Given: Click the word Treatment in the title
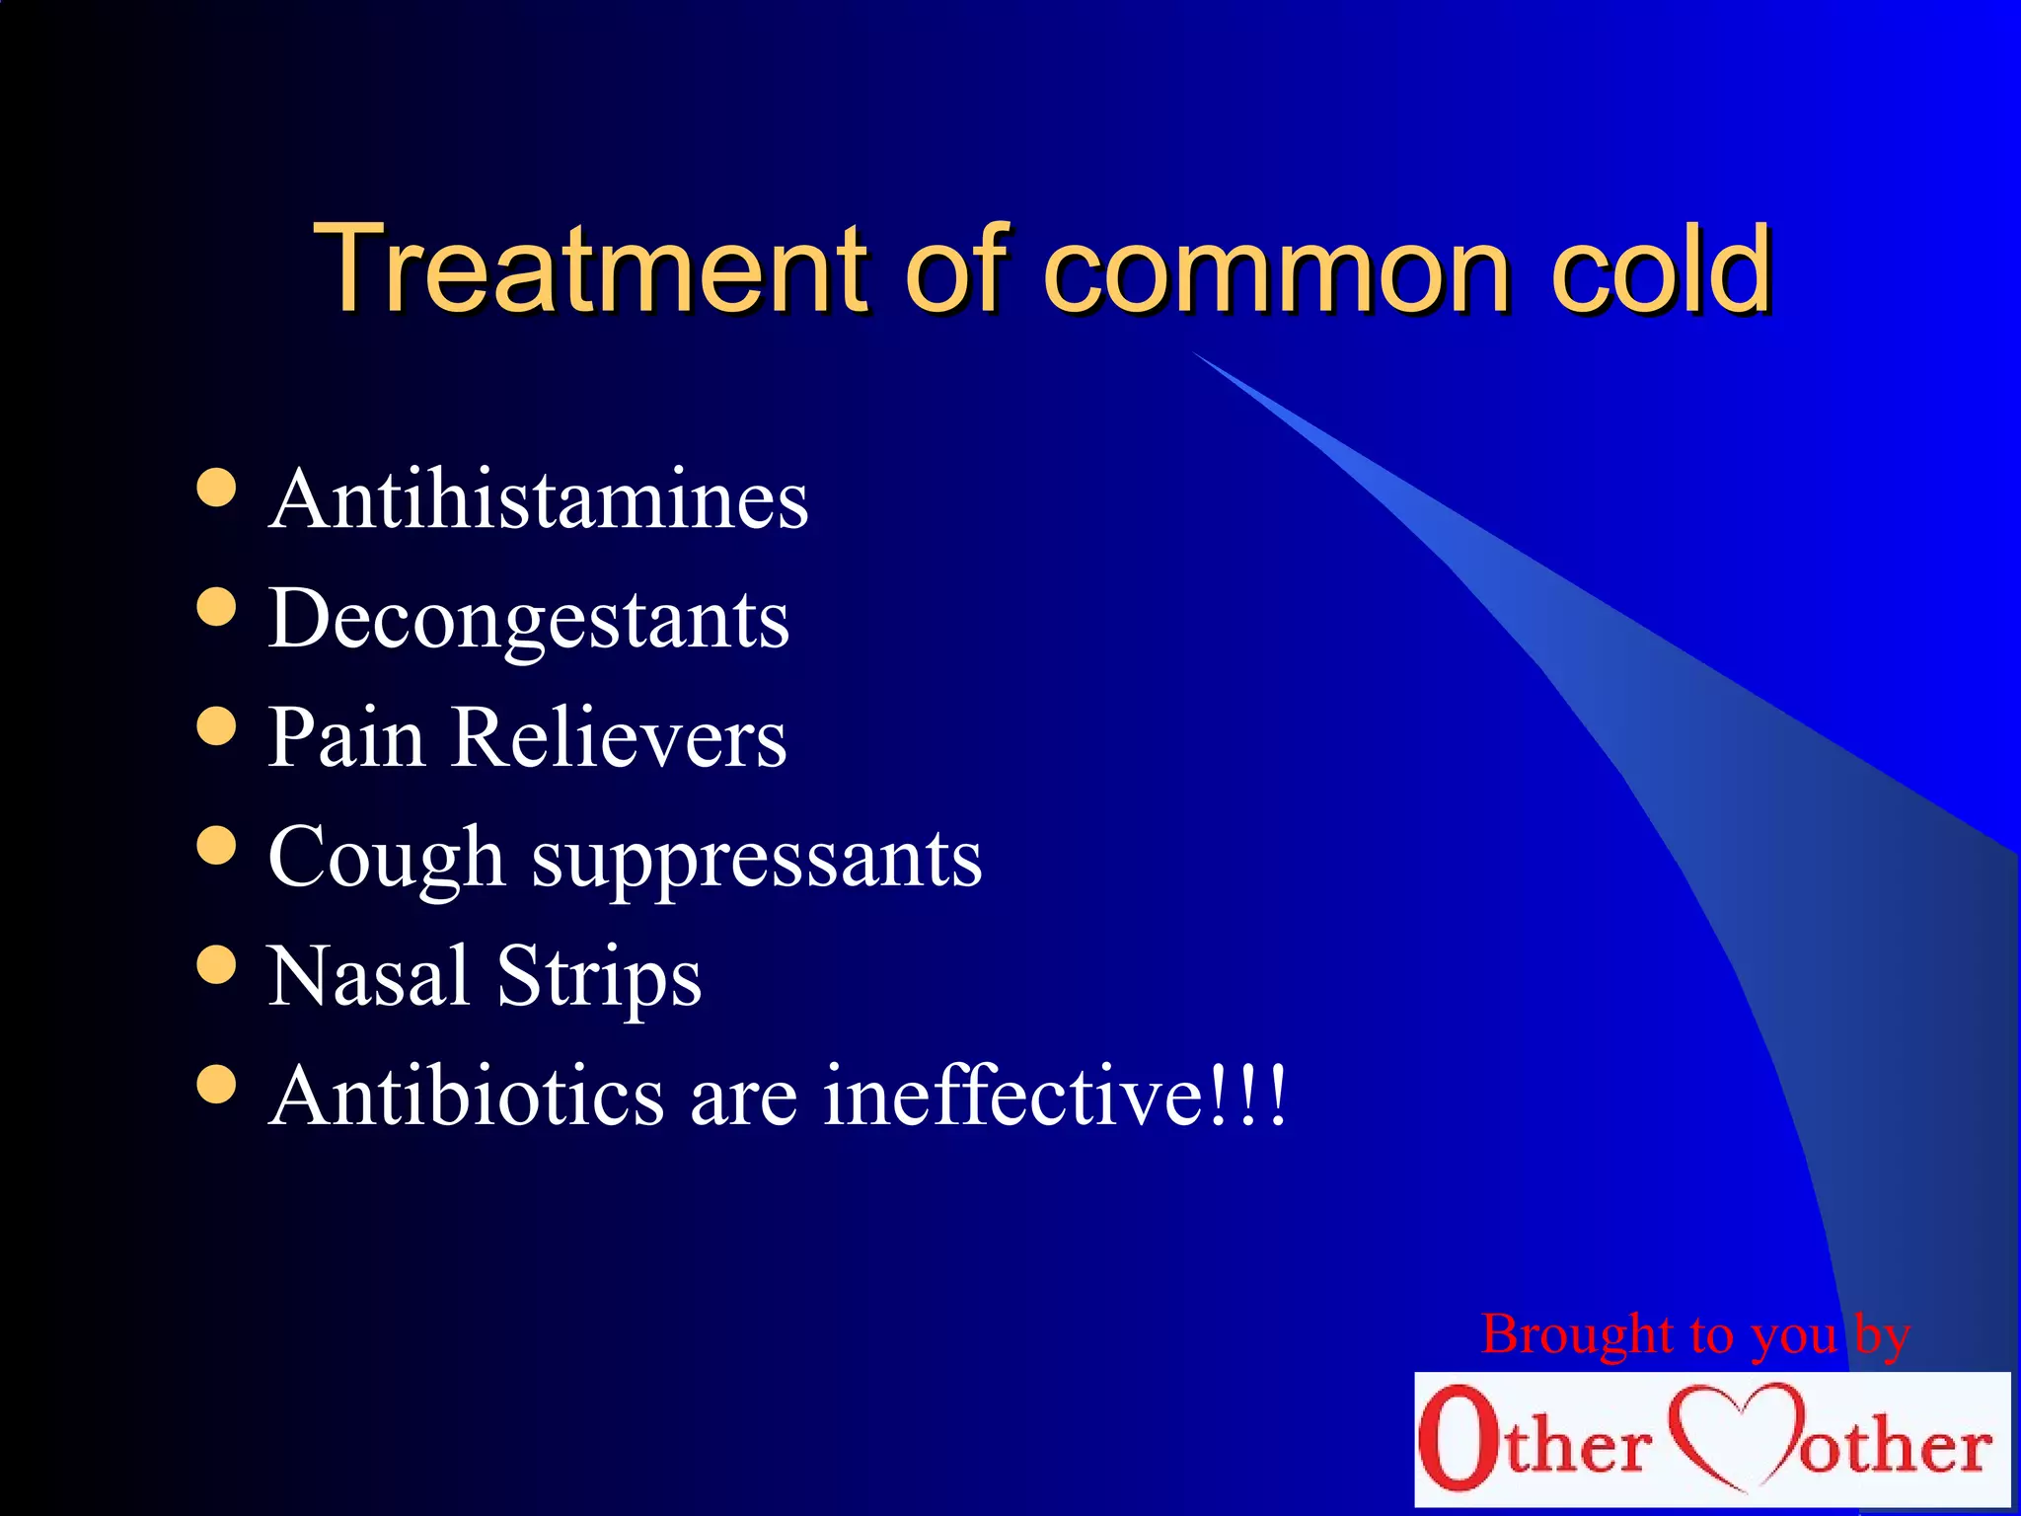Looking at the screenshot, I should [592, 268].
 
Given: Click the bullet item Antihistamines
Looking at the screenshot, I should [539, 499].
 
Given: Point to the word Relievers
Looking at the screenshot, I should [619, 738].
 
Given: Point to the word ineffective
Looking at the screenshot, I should [1013, 1096].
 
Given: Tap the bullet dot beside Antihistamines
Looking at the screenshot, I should [216, 487].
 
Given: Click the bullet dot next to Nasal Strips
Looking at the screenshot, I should [216, 965].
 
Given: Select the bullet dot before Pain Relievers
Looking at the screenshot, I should [216, 726].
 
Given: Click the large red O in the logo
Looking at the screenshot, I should [1459, 1437].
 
